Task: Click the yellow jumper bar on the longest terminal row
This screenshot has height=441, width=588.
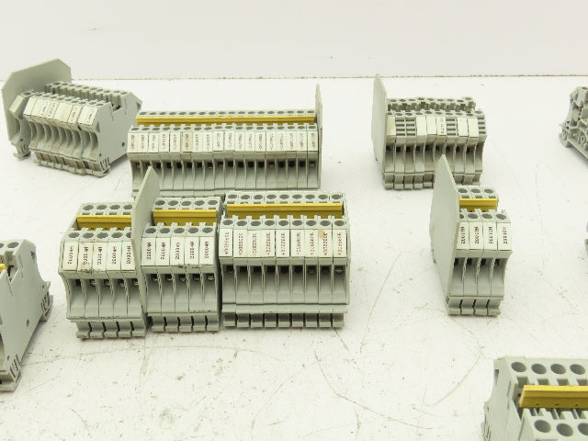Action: [225, 119]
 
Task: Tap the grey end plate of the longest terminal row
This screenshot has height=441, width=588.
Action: [318, 115]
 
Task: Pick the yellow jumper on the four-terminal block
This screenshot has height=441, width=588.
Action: [478, 203]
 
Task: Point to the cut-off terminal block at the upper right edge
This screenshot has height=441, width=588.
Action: [575, 119]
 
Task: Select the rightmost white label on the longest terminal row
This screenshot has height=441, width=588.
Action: [312, 140]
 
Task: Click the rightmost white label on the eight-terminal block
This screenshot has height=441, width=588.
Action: [340, 242]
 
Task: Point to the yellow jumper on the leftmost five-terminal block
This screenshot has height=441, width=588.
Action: [104, 220]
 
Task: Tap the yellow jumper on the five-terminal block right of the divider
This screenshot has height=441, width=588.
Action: [185, 216]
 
